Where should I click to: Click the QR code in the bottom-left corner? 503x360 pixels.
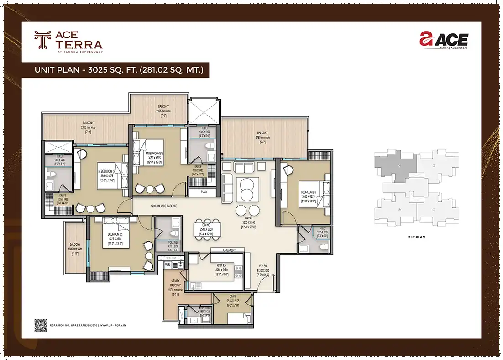(x=41, y=324)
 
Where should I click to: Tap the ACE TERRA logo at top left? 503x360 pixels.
(x=68, y=40)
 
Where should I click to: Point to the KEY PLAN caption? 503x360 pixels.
(x=416, y=238)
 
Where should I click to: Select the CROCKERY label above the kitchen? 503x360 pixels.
(x=229, y=250)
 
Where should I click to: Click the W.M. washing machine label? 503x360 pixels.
(x=167, y=264)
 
